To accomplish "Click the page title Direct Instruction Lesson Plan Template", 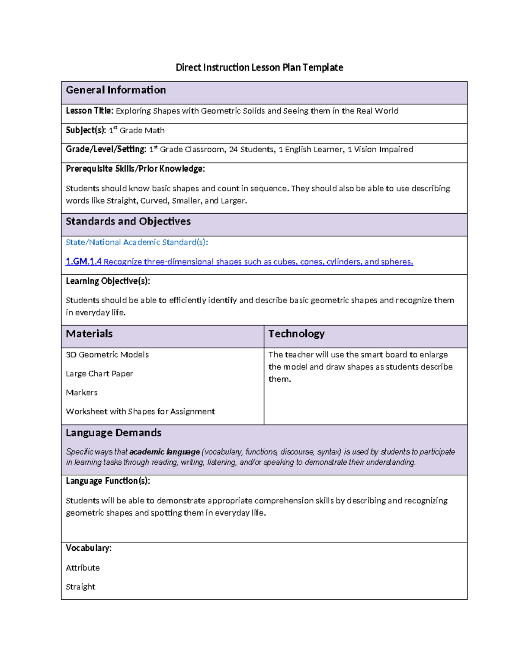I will point(259,68).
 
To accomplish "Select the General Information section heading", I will point(115,90).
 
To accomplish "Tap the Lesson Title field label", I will point(90,111).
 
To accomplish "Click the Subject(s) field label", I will point(86,130).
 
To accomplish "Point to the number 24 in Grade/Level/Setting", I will point(233,150).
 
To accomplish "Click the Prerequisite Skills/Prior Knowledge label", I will point(135,169).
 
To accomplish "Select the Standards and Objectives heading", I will point(128,222).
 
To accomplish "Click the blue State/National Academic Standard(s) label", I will point(137,242).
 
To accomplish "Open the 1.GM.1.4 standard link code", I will point(83,262).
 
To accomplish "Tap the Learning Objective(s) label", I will point(108,281).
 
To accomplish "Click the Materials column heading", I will point(89,334).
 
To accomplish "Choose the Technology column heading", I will point(296,334).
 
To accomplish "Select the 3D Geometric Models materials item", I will point(107,355).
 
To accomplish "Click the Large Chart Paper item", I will point(99,374).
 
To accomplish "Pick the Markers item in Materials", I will point(81,392).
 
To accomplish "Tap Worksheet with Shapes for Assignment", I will point(140,412).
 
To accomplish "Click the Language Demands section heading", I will point(113,433).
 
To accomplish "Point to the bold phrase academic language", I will point(164,452).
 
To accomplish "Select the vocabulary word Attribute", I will point(83,568).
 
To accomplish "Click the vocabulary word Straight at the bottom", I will point(80,587).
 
